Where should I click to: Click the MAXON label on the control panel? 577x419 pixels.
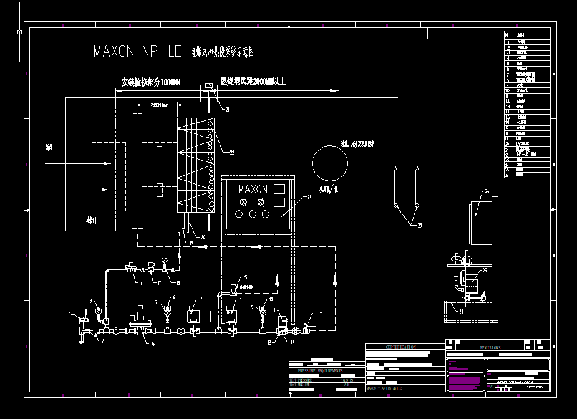click(x=253, y=189)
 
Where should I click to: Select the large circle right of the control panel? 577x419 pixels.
click(x=330, y=163)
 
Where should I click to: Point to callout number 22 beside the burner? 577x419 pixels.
click(x=231, y=152)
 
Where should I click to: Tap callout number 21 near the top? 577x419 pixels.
click(x=227, y=109)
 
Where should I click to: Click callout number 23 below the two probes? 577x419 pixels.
click(x=419, y=226)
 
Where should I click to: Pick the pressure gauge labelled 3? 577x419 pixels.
click(x=98, y=309)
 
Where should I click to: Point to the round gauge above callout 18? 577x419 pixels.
click(x=163, y=261)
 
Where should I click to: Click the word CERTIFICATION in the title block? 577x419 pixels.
click(x=400, y=347)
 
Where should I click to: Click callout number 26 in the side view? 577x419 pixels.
click(x=461, y=309)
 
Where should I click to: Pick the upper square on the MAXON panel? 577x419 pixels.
click(x=279, y=188)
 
